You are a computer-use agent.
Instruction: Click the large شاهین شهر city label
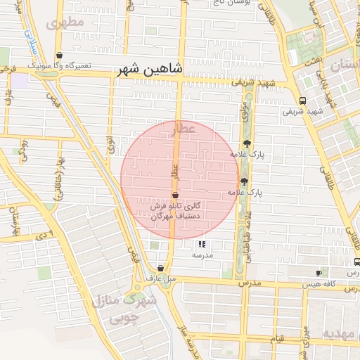149,70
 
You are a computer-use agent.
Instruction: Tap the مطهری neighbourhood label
65,22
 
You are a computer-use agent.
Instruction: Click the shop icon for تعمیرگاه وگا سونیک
59,55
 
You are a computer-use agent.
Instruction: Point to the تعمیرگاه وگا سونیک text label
60,65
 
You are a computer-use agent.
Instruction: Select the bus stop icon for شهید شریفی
302,100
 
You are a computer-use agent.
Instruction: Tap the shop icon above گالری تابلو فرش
175,195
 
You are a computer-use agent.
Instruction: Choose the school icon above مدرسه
202,244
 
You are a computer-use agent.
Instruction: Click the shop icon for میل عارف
161,268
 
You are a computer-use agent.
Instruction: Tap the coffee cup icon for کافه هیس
319,272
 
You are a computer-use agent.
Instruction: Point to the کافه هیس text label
319,285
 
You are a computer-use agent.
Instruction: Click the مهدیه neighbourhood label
340,333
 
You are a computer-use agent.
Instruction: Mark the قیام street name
280,339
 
